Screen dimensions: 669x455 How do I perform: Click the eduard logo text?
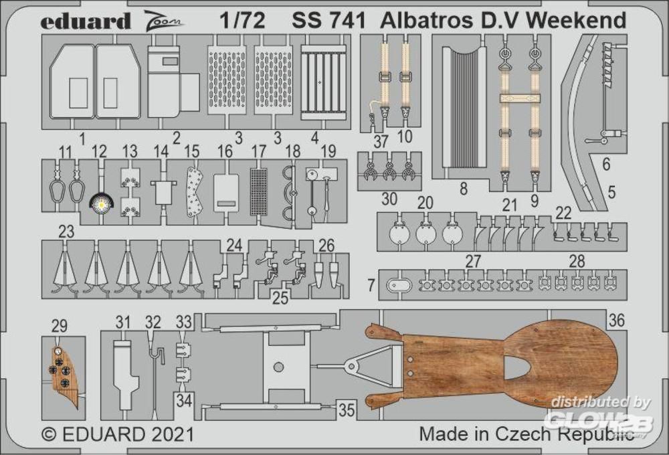(x=86, y=21)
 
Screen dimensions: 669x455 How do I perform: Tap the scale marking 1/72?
(x=242, y=21)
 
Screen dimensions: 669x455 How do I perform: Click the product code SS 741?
(x=328, y=21)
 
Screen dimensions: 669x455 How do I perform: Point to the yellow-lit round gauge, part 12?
(x=102, y=205)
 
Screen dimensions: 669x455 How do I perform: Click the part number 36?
(x=617, y=320)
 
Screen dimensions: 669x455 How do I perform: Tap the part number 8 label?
(x=464, y=189)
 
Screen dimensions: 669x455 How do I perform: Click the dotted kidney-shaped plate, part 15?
(x=195, y=192)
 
